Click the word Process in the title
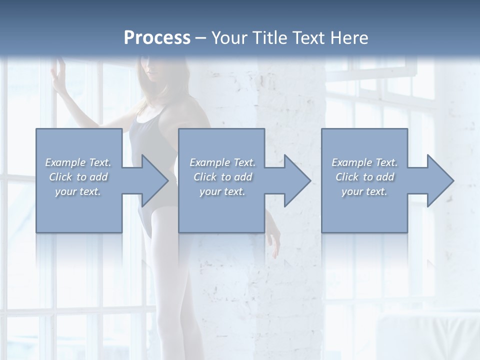pyautogui.click(x=157, y=38)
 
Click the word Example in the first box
pyautogui.click(x=65, y=162)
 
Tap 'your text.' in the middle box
pyautogui.click(x=222, y=191)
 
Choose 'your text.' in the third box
pyautogui.click(x=364, y=191)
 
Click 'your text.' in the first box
pyautogui.click(x=78, y=191)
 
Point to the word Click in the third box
pyautogui.click(x=347, y=177)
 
